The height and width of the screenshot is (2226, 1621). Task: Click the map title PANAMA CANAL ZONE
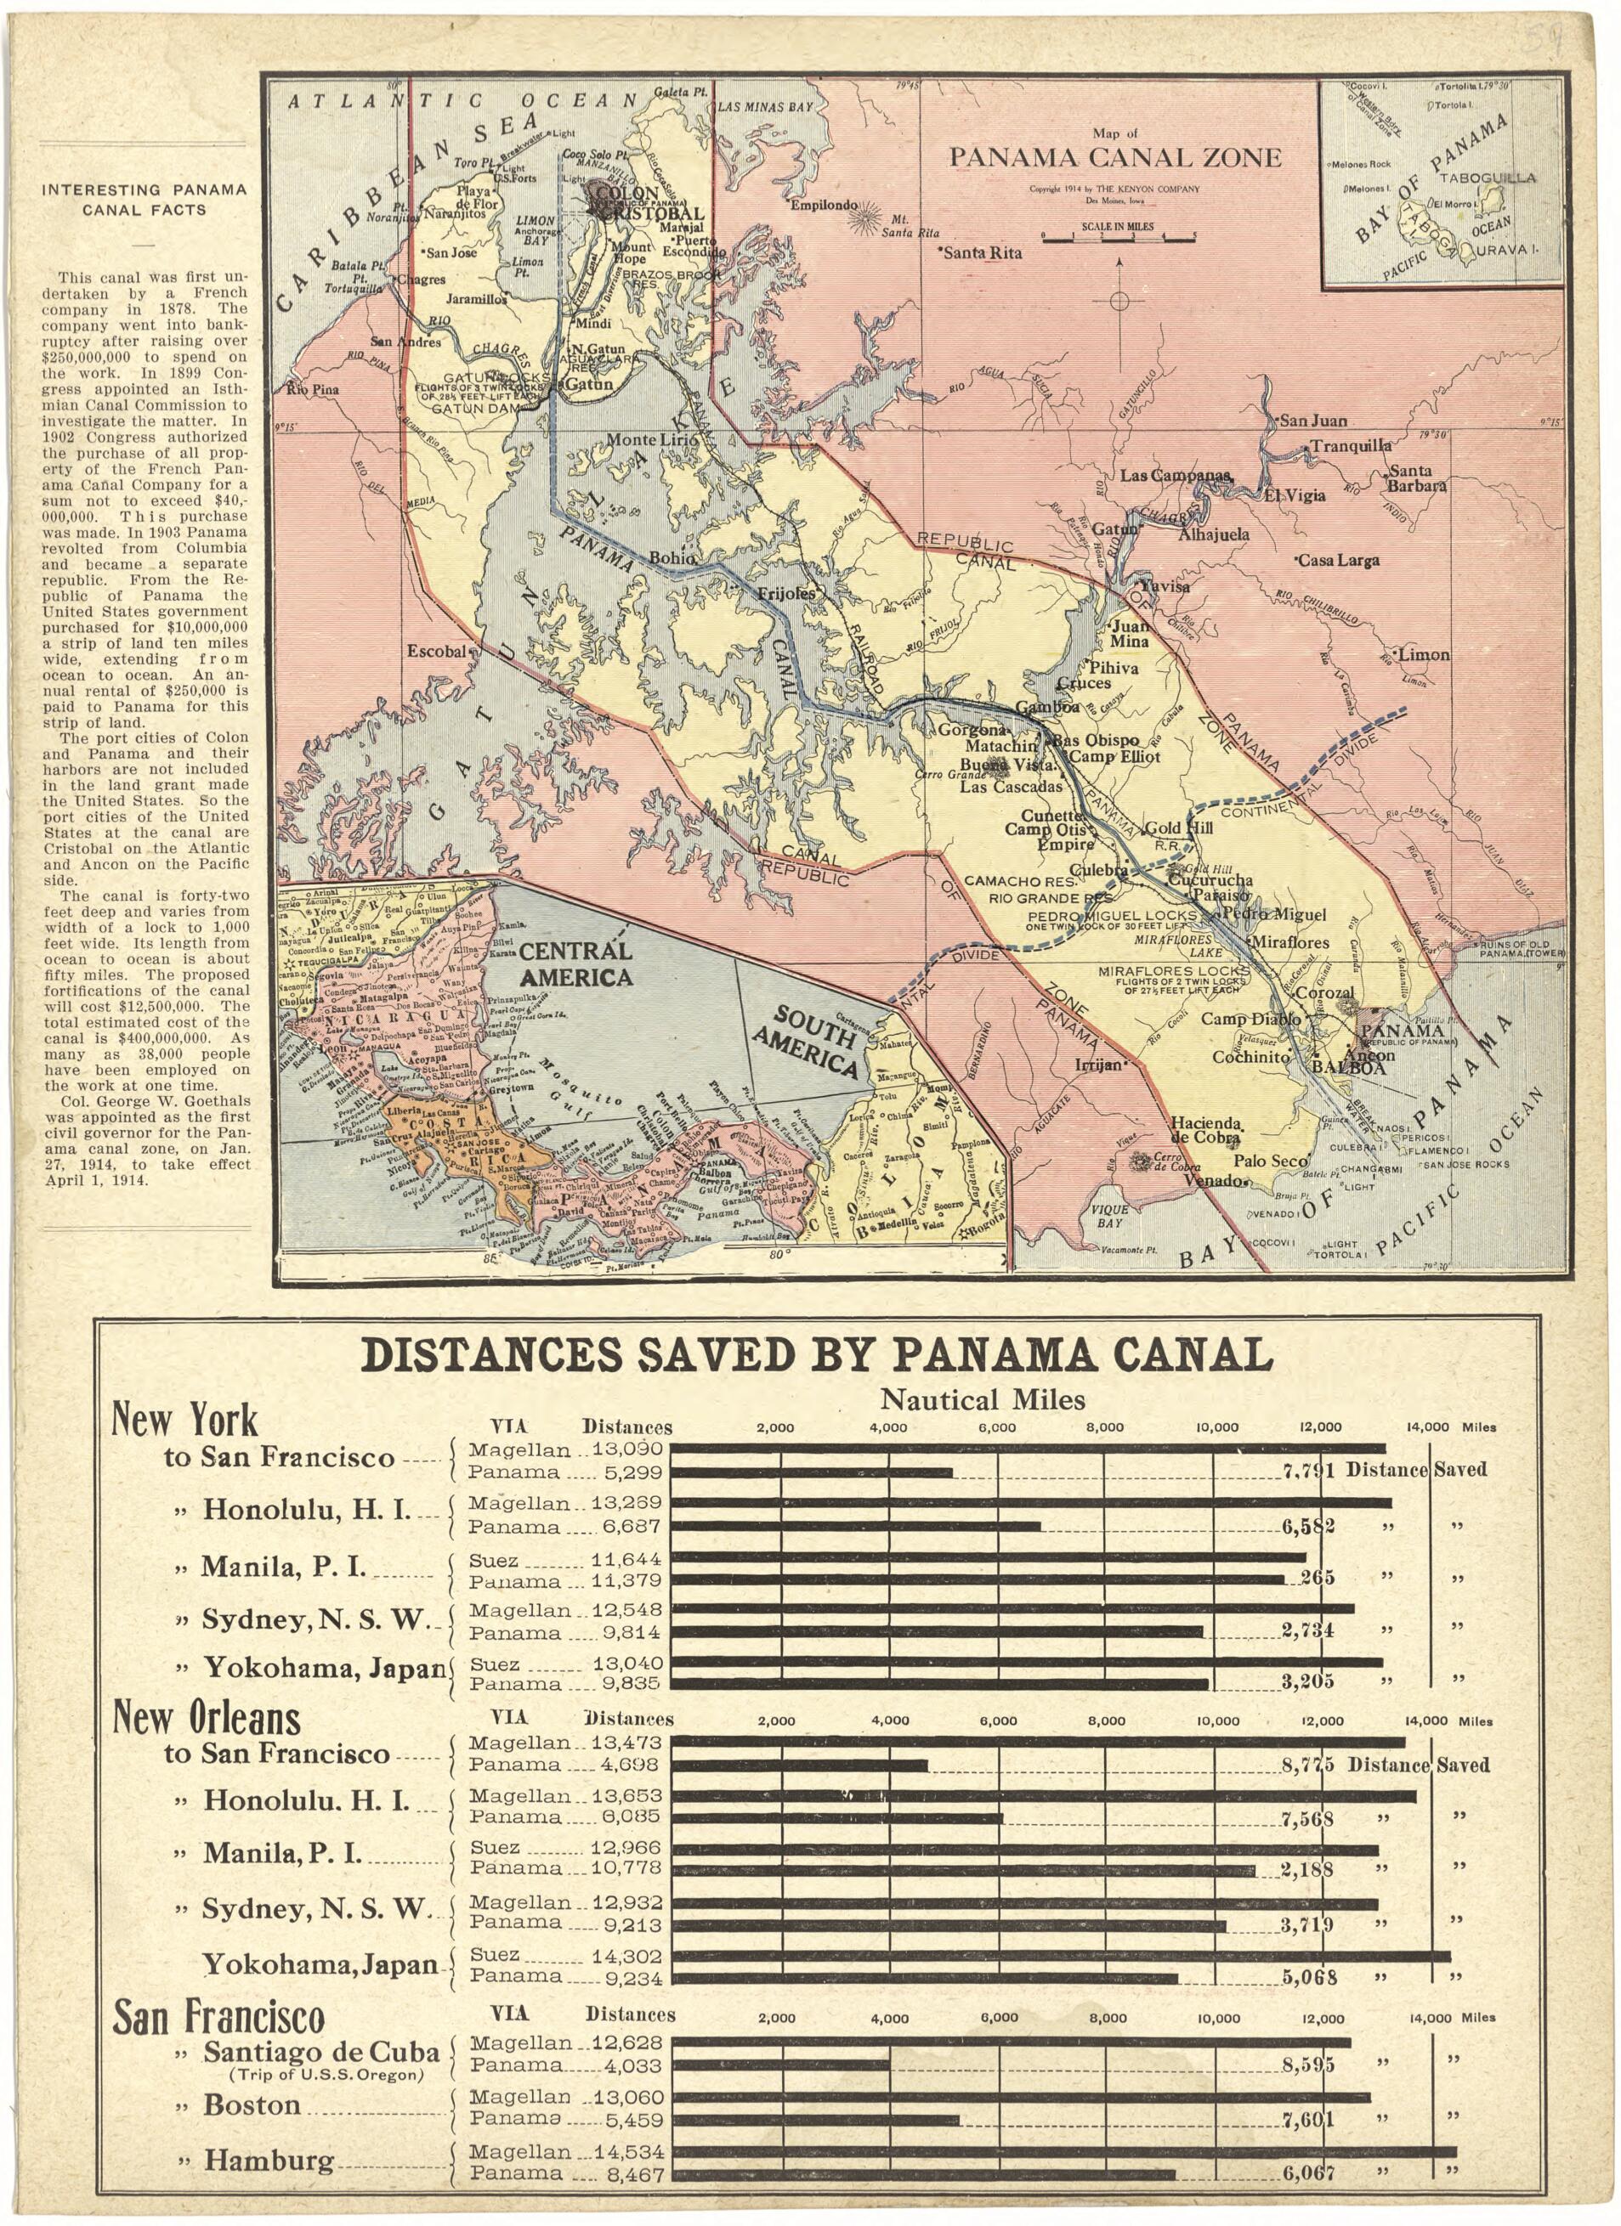click(1114, 157)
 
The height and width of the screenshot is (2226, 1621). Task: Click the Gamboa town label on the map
click(1046, 707)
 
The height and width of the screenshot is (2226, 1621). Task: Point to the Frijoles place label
click(785, 594)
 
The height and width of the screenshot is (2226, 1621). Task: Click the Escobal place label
click(439, 650)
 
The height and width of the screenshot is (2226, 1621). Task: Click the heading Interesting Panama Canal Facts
click(145, 200)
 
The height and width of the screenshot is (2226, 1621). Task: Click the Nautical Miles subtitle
click(982, 1398)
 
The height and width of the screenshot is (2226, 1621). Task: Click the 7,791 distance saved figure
click(1308, 1470)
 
